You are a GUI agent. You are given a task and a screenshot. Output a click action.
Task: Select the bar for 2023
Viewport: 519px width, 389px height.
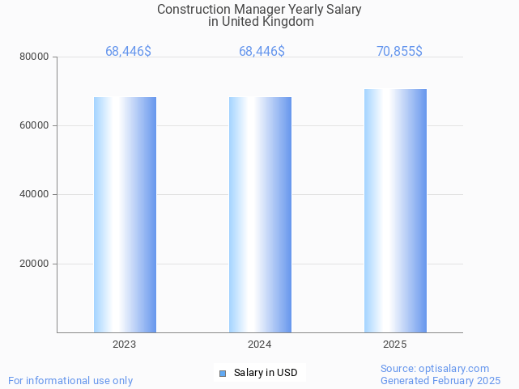pos(125,214)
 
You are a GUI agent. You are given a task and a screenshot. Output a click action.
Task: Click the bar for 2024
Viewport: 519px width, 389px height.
pos(260,214)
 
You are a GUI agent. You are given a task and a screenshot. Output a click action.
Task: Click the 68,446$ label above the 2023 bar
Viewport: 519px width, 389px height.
pos(128,52)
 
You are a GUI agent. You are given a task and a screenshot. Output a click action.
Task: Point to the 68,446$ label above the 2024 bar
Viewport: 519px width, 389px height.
pos(262,52)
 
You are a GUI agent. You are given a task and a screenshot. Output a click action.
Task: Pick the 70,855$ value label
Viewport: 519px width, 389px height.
pos(399,52)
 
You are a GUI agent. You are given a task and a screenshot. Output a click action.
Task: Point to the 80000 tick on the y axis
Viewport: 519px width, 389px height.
pos(36,57)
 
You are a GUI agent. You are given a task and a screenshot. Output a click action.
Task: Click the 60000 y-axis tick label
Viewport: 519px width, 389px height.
pos(36,126)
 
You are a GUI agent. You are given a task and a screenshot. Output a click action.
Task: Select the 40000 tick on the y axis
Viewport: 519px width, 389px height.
pos(36,195)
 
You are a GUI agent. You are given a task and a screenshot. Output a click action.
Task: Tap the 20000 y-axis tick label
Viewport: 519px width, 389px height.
pos(36,264)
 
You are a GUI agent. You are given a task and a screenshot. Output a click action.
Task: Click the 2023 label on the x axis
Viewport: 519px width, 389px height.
pos(125,345)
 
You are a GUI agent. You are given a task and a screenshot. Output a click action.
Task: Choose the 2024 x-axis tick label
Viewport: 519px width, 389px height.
pos(260,345)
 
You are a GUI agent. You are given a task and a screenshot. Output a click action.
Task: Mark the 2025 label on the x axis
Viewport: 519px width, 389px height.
pos(395,345)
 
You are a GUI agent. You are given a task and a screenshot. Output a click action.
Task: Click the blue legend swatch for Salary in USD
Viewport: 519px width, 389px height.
pos(223,373)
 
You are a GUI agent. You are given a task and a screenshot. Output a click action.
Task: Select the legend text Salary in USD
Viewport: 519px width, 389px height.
pos(266,373)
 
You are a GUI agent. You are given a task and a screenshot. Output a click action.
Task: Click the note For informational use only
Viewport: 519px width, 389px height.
pos(70,381)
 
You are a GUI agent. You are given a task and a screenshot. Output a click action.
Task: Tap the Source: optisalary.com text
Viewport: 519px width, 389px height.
pos(435,369)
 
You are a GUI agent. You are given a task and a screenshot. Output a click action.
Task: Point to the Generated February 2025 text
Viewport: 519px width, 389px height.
pos(440,381)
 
